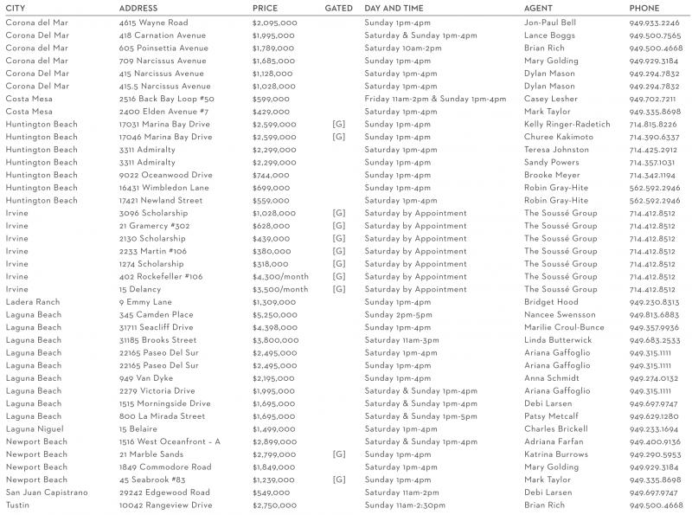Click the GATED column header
tap(338, 8)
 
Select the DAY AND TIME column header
tap(398, 8)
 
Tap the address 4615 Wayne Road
tap(153, 23)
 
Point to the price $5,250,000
tap(275, 315)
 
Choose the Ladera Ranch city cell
tap(33, 302)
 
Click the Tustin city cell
tap(20, 505)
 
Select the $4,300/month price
tap(280, 277)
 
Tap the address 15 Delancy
tap(142, 289)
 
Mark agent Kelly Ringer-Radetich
tap(567, 125)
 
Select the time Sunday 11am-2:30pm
tap(407, 505)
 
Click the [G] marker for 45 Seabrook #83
tap(338, 480)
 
